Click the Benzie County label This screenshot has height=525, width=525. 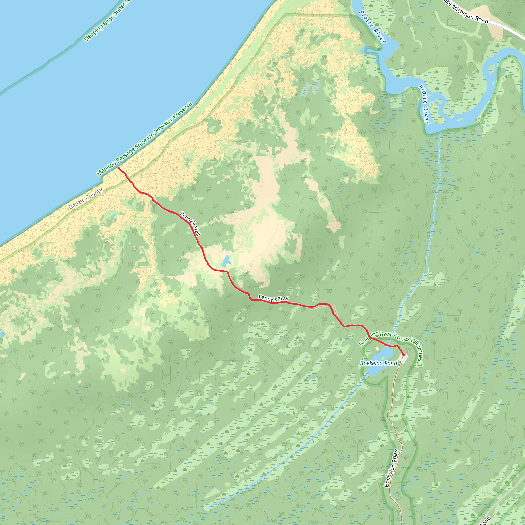point(86,199)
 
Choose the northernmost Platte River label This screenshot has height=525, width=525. point(372,27)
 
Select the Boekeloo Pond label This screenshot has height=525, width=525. point(379,363)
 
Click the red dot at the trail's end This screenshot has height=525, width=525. point(403,355)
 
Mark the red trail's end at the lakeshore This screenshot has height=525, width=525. point(118,168)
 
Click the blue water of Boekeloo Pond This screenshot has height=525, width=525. point(384,355)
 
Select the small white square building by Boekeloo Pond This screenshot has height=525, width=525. point(377,348)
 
